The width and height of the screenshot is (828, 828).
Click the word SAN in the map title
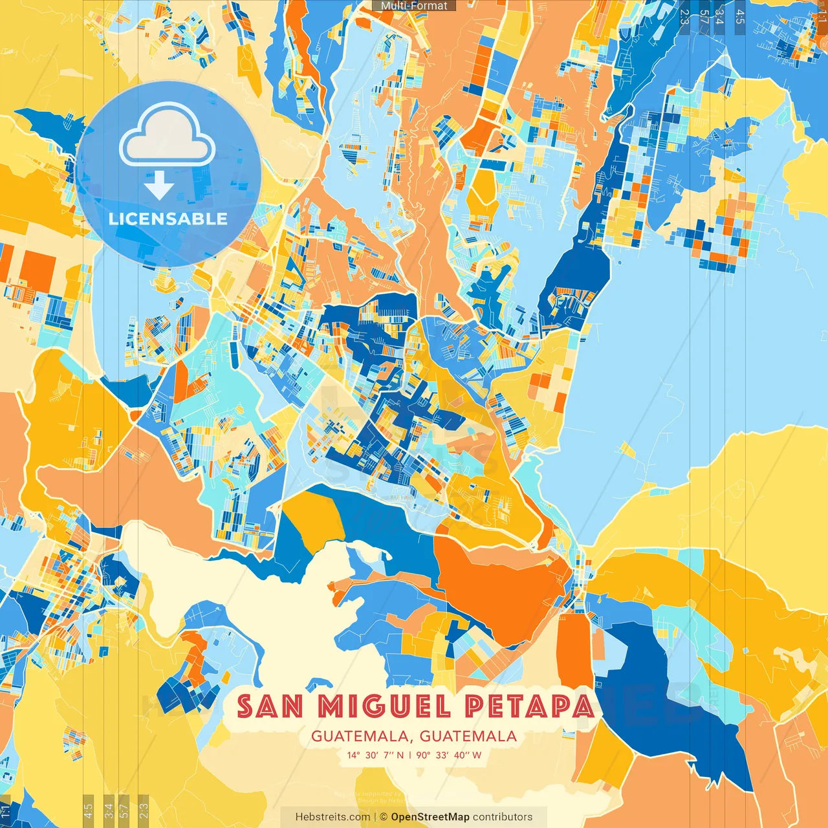(270, 706)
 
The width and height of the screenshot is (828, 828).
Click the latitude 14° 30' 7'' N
(375, 755)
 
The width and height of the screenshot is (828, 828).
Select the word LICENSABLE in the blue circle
(168, 219)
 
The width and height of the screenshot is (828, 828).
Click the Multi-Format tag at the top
(414, 6)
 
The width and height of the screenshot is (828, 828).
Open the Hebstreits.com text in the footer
(332, 817)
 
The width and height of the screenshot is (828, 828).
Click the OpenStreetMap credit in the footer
(430, 817)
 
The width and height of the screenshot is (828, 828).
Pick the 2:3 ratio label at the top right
(684, 16)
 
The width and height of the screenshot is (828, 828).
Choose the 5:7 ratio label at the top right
(704, 16)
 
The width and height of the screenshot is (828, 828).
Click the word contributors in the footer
(503, 817)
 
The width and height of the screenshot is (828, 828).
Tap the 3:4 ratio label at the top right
(719, 16)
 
